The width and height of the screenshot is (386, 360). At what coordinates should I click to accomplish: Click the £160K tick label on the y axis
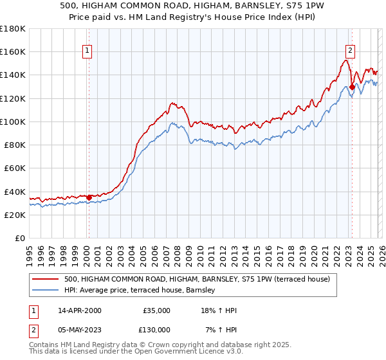point(13,51)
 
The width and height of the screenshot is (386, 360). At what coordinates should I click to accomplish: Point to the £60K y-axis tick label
point(14,168)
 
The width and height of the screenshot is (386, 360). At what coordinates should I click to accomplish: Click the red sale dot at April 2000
point(89,197)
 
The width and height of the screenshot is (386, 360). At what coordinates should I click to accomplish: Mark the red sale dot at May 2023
point(352,87)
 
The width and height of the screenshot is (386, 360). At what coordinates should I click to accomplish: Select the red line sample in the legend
point(45,280)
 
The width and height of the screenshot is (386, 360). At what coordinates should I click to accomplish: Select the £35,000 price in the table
point(156,310)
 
